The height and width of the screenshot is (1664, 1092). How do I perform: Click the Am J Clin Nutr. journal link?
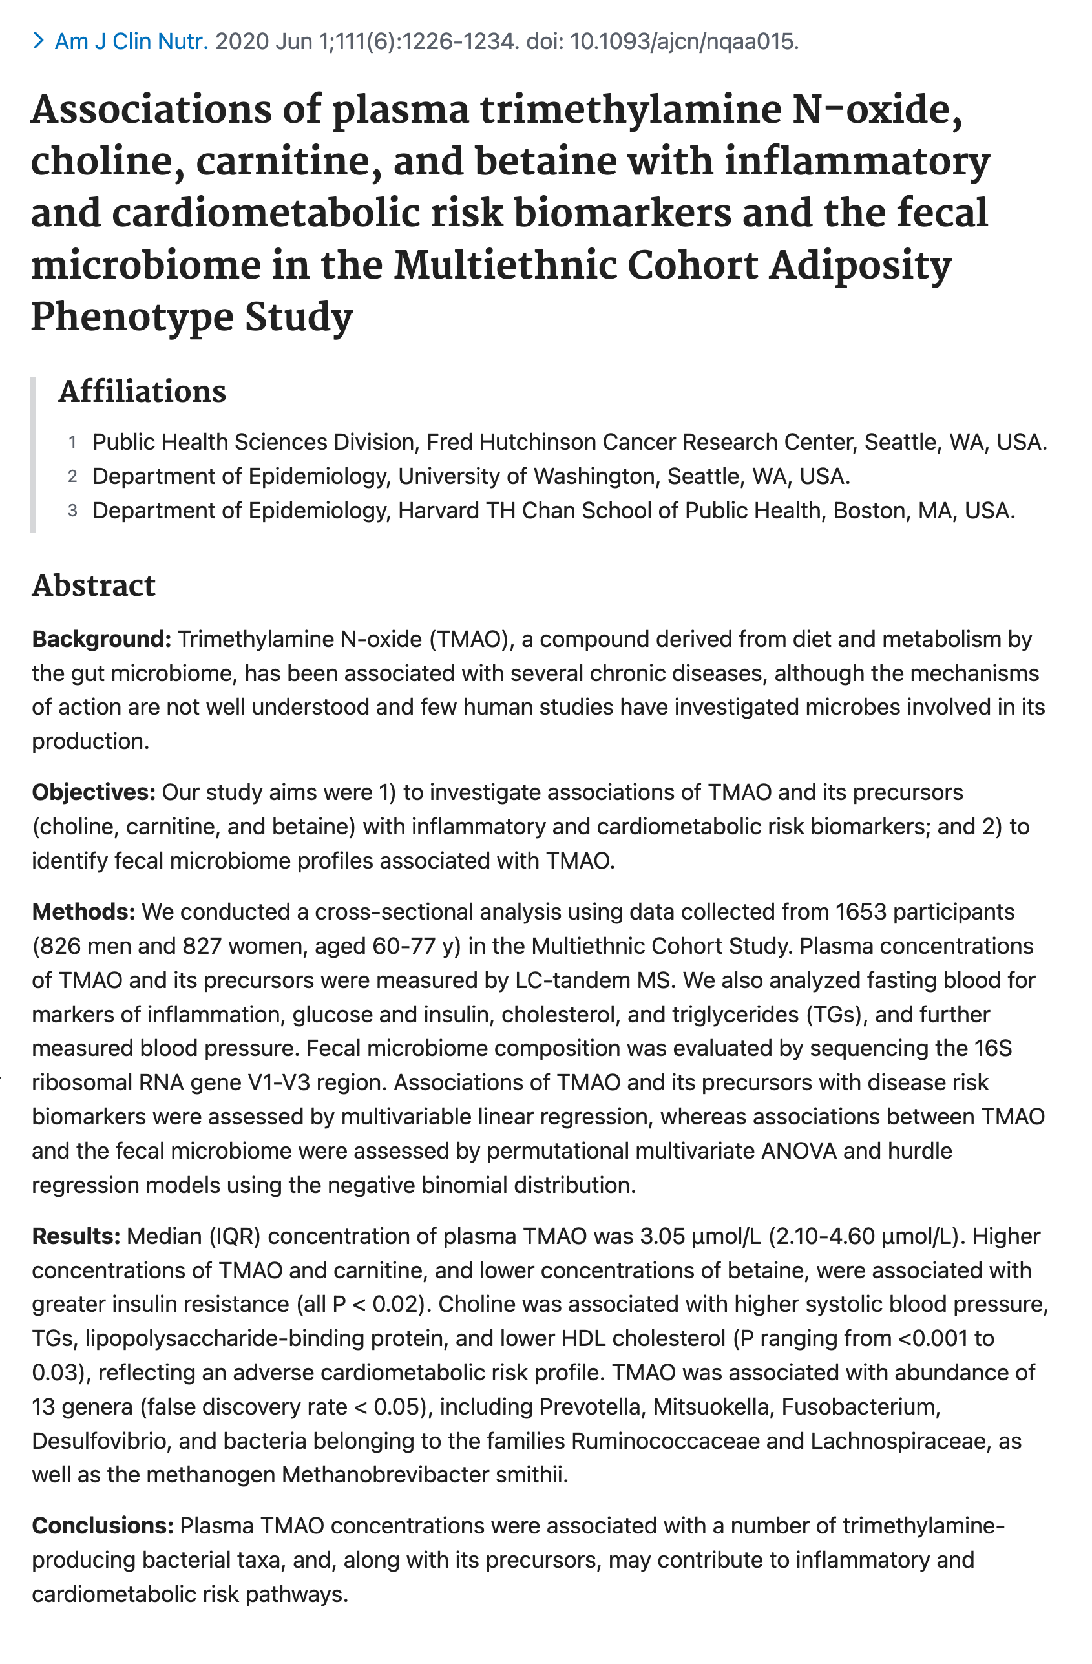coord(131,42)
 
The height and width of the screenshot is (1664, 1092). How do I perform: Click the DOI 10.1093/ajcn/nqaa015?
coord(683,42)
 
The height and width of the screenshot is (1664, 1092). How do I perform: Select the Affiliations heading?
coord(142,392)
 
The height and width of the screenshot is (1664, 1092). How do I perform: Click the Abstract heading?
coord(93,585)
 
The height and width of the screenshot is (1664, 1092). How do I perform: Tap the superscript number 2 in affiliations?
coord(72,477)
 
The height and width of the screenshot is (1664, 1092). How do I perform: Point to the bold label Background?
coord(101,639)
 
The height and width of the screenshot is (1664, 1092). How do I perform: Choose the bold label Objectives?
coord(94,792)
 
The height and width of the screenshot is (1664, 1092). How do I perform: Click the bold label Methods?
coord(83,912)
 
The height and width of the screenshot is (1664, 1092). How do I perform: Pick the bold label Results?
coord(76,1236)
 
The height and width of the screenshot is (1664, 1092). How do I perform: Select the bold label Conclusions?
coord(103,1526)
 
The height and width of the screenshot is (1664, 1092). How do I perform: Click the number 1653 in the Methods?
coord(861,912)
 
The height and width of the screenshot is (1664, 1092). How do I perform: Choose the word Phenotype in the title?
coord(132,317)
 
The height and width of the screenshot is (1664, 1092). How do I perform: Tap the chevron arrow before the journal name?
coord(39,42)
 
